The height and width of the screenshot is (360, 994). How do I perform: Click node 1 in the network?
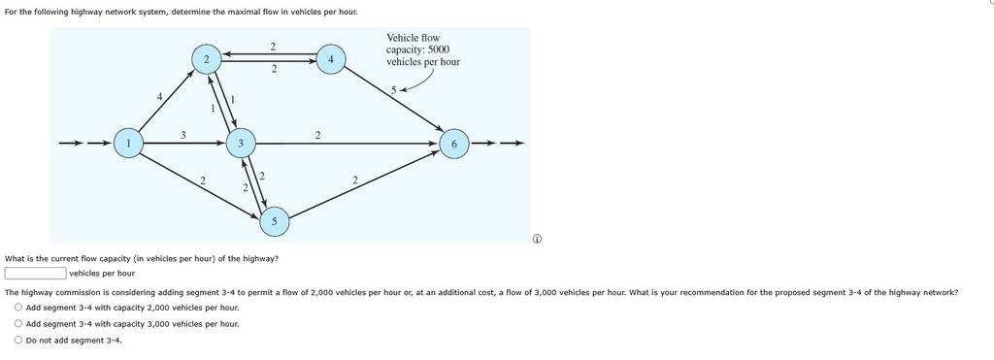129,144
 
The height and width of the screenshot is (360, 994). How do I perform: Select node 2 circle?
207,59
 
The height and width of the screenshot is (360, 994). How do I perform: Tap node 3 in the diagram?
241,144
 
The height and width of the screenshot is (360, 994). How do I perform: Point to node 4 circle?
330,59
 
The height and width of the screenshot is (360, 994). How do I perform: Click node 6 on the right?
454,144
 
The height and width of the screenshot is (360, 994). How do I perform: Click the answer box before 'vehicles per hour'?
36,274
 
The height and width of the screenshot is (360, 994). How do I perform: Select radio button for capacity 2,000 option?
18,308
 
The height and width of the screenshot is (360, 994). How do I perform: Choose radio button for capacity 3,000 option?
18,324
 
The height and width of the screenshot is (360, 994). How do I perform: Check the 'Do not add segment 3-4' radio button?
18,341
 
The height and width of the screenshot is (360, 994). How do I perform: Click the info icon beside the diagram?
536,239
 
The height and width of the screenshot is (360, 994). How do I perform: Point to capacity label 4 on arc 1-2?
160,97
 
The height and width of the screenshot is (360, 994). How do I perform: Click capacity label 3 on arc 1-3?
182,134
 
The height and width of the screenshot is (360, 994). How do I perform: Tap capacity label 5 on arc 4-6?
393,90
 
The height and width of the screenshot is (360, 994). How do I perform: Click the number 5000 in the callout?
439,50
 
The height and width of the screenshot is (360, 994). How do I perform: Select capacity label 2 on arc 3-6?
317,135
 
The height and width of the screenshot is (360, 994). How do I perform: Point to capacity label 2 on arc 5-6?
355,180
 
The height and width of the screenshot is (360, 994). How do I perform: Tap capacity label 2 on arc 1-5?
202,182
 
